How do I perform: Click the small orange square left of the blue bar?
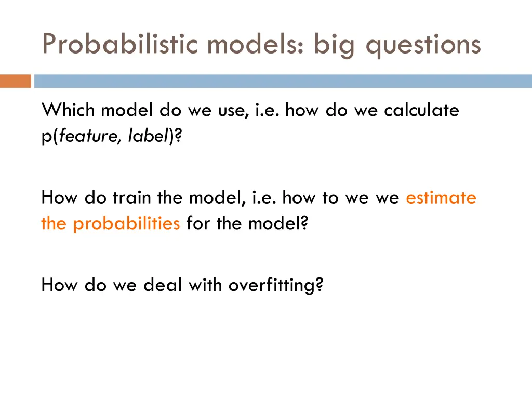(15, 81)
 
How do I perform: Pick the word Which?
(69, 110)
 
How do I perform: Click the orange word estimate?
(441, 198)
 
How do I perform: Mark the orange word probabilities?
(126, 223)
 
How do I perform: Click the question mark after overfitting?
(319, 285)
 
